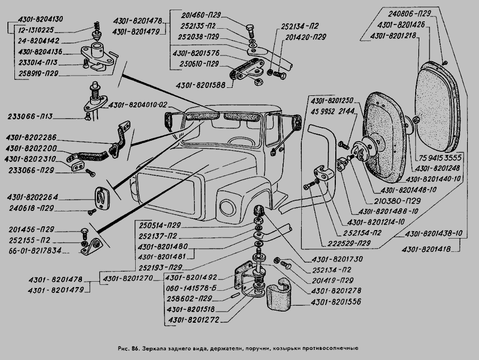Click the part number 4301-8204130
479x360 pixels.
tap(40, 19)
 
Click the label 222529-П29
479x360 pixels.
tap(349, 243)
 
